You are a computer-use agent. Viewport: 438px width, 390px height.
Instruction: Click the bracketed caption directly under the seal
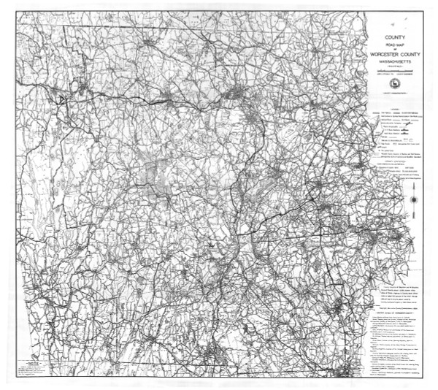coord(396,92)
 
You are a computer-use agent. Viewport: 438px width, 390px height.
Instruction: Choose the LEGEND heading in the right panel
coord(396,108)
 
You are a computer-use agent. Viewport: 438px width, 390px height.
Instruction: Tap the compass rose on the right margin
coord(415,199)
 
